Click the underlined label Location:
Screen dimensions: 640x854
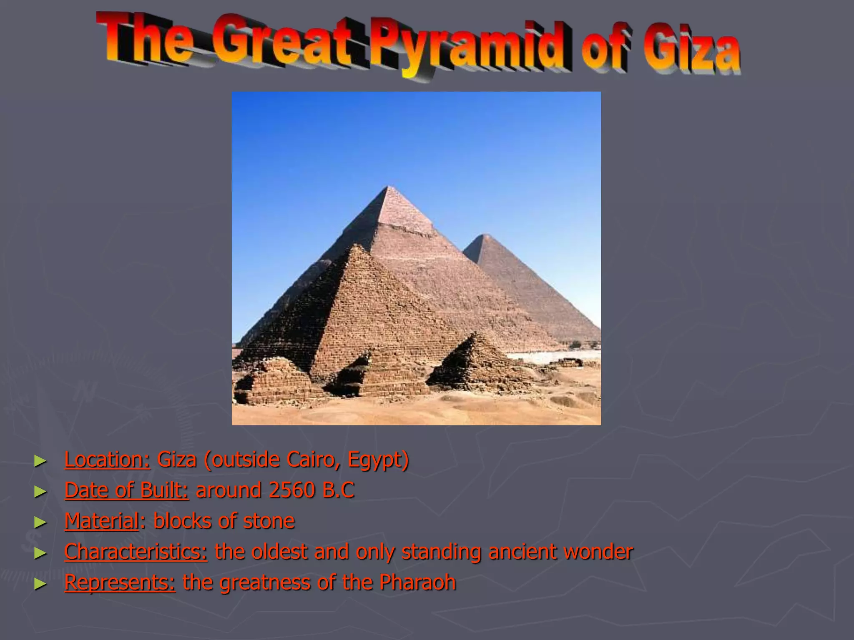tap(107, 460)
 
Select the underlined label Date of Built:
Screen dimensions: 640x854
tap(126, 490)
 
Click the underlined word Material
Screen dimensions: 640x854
tap(101, 521)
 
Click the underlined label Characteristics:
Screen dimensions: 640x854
tap(136, 552)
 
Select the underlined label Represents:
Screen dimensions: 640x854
tap(120, 582)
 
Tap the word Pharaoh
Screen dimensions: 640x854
tap(417, 582)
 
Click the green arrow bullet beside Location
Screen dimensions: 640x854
tap(40, 461)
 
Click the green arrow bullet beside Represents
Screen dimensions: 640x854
tap(40, 584)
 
